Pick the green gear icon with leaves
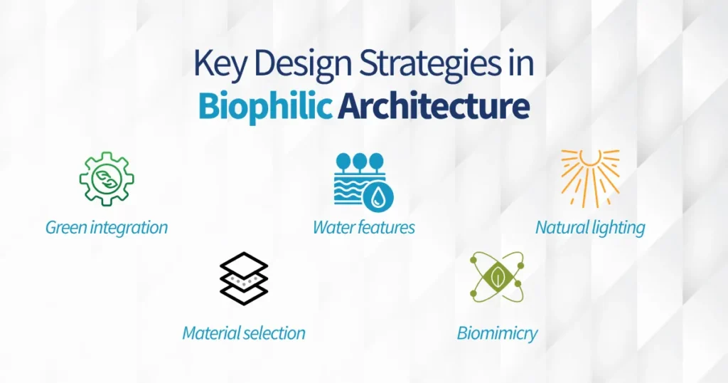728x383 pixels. tap(107, 179)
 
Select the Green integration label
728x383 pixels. tap(107, 228)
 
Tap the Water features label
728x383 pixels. tap(364, 228)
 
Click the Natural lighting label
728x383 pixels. tap(590, 228)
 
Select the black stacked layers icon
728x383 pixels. tap(244, 278)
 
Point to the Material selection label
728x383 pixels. tap(244, 332)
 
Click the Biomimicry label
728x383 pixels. tap(497, 332)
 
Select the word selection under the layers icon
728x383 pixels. tap(274, 332)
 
